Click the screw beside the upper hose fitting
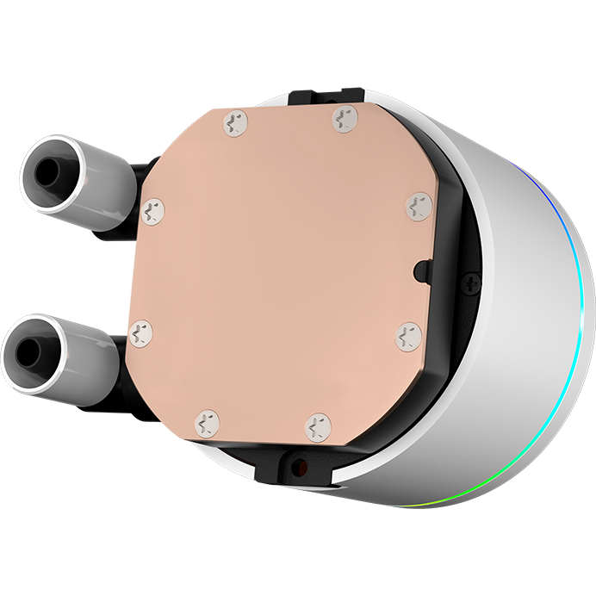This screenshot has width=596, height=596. coord(153,208)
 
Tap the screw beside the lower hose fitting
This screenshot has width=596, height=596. coord(139,331)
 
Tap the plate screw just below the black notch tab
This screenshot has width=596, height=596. coord(408,337)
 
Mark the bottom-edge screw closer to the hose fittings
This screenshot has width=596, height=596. coord(207,422)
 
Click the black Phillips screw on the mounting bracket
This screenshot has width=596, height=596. coord(471,282)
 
